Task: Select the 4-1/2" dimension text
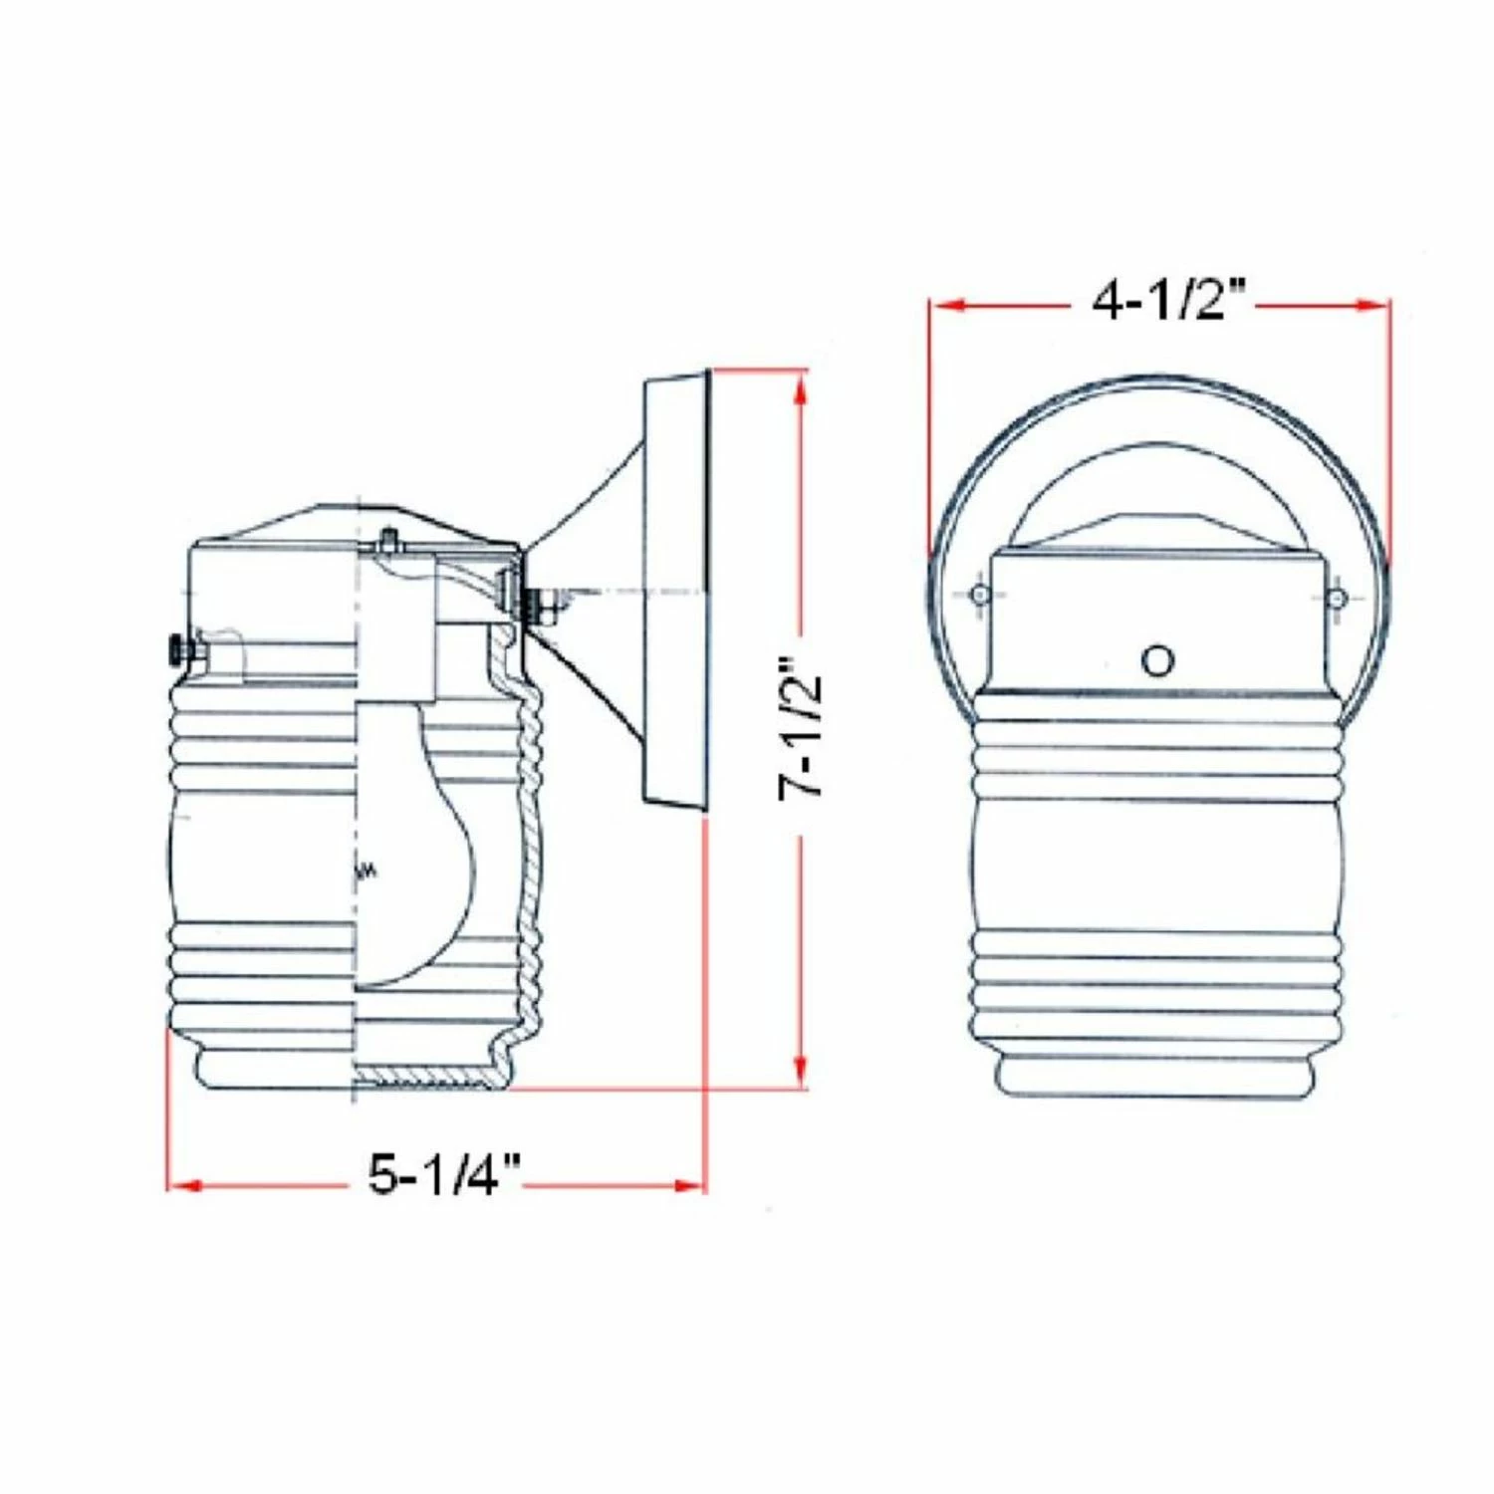click(1169, 300)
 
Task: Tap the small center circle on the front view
click(1157, 659)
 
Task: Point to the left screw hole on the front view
click(980, 595)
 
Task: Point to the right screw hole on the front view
click(1338, 598)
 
